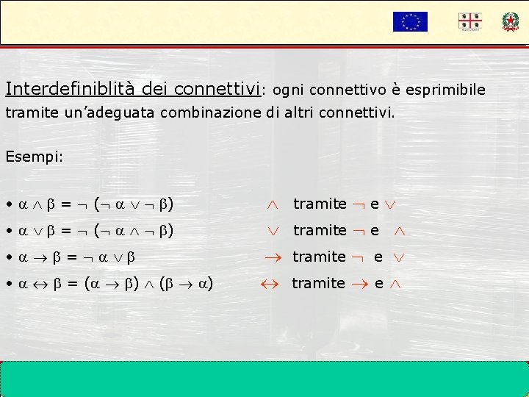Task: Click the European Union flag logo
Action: point(410,21)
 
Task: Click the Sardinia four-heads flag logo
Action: point(469,21)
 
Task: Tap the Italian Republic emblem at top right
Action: point(510,21)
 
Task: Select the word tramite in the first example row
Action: point(320,204)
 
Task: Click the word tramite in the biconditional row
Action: point(318,283)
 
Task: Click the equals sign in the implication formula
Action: point(72,257)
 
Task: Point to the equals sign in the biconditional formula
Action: point(73,284)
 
